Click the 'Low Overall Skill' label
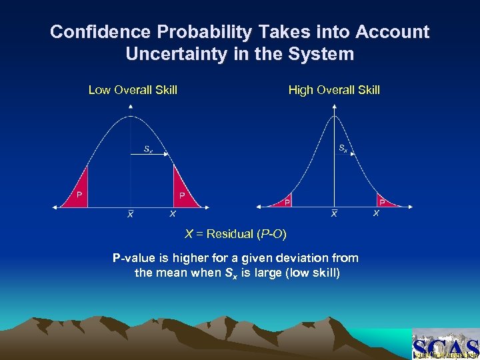133,90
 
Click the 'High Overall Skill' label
334,90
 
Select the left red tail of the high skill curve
283,201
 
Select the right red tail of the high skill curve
385,201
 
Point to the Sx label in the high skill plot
342,148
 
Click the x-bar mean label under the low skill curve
131,215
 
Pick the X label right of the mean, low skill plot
173,214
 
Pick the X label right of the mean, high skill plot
376,214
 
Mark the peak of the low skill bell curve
131,117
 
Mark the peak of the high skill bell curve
334,117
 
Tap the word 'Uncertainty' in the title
177,54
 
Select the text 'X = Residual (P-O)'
235,234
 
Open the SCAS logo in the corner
445,345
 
